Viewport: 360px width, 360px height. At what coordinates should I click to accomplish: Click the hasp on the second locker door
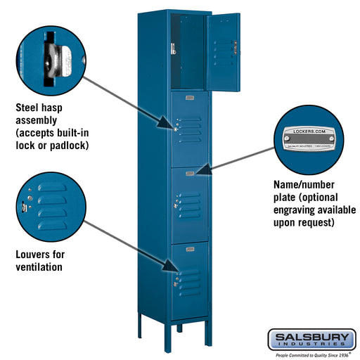[x=175, y=129]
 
